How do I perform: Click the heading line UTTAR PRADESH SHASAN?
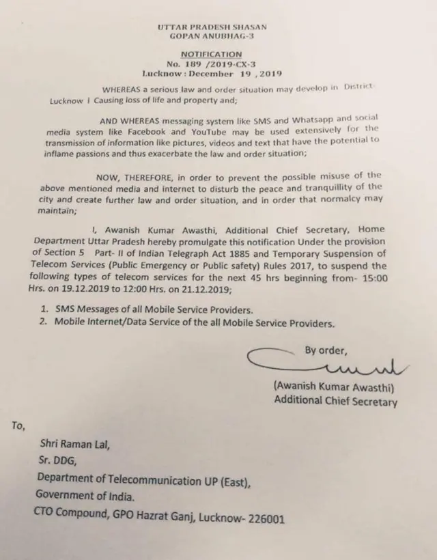212,27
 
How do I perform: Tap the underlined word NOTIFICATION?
212,53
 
